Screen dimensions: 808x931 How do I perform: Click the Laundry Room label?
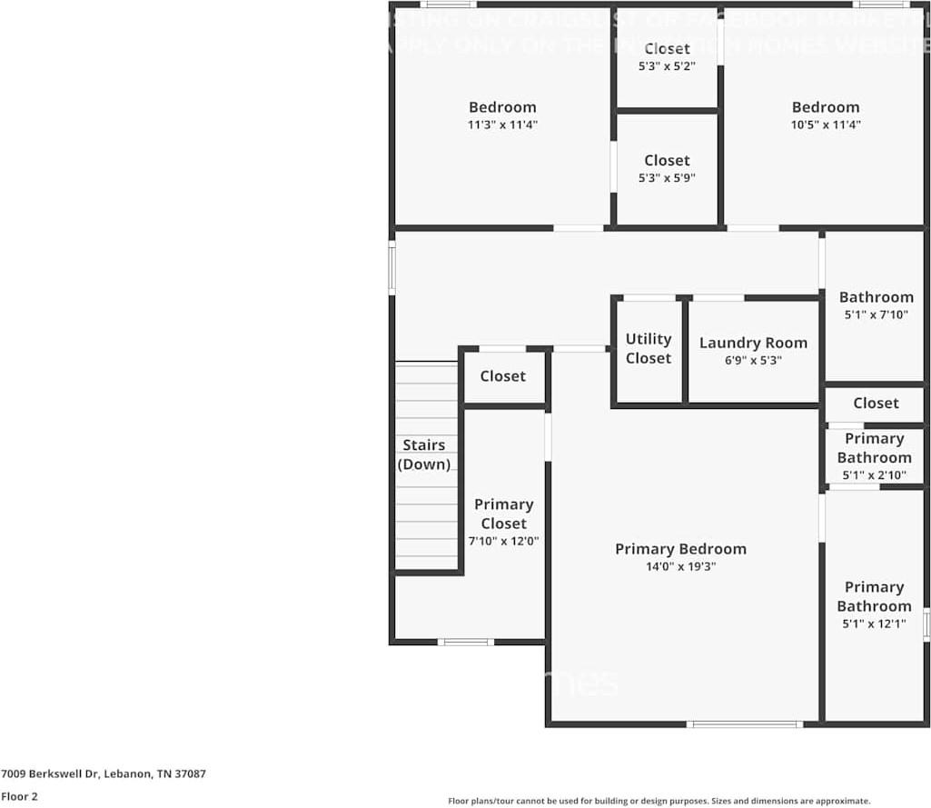click(x=753, y=343)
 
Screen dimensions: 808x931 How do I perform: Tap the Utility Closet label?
click(x=649, y=348)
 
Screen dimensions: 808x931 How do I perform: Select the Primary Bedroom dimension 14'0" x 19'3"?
click(x=680, y=566)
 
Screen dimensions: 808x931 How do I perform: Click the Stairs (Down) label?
click(x=424, y=454)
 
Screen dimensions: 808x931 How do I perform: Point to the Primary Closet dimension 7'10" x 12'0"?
click(x=503, y=541)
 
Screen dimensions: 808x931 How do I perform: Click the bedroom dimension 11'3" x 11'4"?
click(x=502, y=125)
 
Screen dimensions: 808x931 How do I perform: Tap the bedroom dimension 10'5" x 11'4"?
click(x=825, y=125)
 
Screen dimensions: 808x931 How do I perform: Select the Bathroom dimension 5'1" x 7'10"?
click(x=876, y=314)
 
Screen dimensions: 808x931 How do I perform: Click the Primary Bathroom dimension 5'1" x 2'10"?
click(x=874, y=474)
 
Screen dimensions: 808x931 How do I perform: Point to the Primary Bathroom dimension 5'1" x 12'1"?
click(x=874, y=623)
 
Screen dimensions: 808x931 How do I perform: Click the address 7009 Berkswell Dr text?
click(x=104, y=774)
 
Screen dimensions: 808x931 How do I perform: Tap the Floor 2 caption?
click(x=20, y=796)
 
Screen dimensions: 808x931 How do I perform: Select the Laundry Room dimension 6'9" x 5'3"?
click(x=753, y=360)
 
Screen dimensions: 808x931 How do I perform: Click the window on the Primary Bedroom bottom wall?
click(x=745, y=724)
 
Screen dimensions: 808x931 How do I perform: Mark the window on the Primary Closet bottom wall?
click(x=465, y=642)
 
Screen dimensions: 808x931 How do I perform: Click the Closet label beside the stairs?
click(x=502, y=375)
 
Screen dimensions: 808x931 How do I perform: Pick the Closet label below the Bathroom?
click(x=876, y=403)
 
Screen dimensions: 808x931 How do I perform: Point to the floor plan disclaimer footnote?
click(x=659, y=801)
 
